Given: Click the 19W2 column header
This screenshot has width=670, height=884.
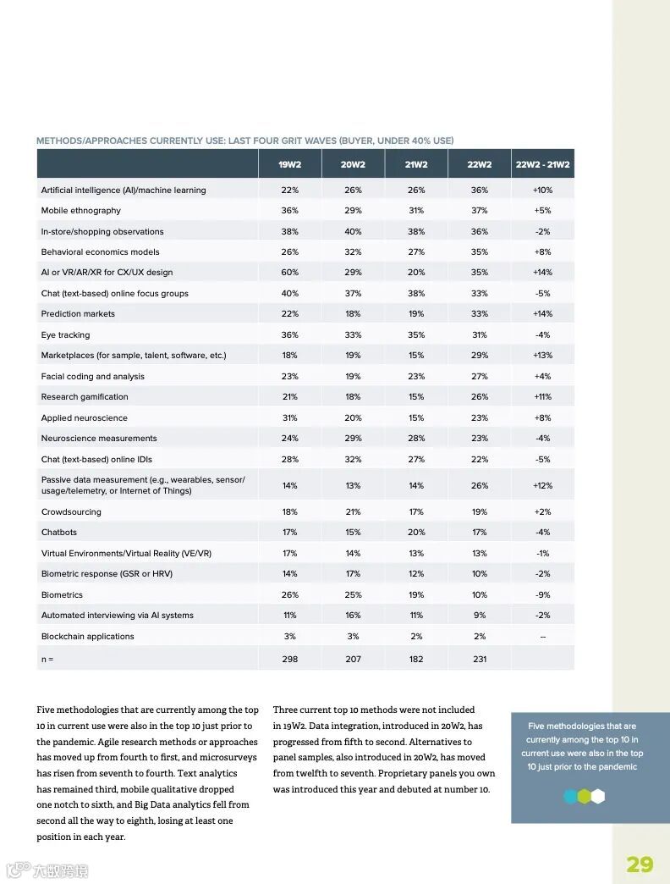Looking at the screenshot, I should [289, 164].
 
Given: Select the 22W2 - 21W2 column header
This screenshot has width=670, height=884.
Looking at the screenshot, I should [542, 164].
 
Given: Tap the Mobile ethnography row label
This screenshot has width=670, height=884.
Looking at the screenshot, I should [81, 211].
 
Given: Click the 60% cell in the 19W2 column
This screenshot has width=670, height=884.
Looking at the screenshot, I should [289, 273].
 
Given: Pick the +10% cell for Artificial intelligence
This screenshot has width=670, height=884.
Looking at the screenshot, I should [542, 191].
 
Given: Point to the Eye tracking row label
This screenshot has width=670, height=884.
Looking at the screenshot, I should [66, 335].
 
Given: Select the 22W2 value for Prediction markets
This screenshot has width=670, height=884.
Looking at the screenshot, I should [480, 314].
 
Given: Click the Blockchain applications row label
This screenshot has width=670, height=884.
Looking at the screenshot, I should [88, 637].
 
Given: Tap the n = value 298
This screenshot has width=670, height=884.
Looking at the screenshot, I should [289, 659].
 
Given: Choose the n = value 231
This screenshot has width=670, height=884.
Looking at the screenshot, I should [480, 659].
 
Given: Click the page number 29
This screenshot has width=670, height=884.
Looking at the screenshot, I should [640, 864].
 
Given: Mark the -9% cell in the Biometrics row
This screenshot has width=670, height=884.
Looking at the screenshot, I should [542, 595].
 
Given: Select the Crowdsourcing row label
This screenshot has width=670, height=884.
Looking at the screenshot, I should [71, 512].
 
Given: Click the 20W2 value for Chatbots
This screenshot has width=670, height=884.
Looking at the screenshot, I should [353, 533].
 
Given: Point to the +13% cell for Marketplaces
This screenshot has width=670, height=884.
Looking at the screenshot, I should [542, 356].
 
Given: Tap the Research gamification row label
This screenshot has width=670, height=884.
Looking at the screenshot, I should [85, 397].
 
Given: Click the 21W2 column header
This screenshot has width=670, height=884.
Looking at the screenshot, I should [416, 164].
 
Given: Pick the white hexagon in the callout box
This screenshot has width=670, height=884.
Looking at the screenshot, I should [598, 796].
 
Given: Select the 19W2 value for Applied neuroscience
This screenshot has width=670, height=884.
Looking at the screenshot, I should [289, 418].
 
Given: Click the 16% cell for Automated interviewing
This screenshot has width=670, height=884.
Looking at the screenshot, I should [353, 616].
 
